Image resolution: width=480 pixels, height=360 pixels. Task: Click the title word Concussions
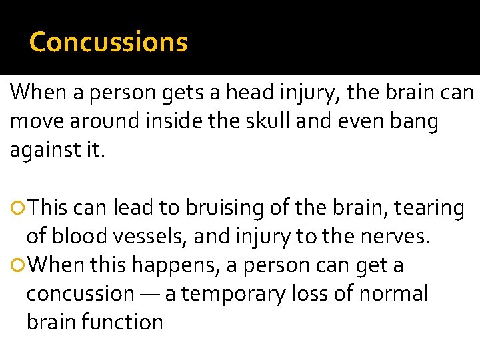109,42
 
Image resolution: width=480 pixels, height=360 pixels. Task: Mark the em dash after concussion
150,294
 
